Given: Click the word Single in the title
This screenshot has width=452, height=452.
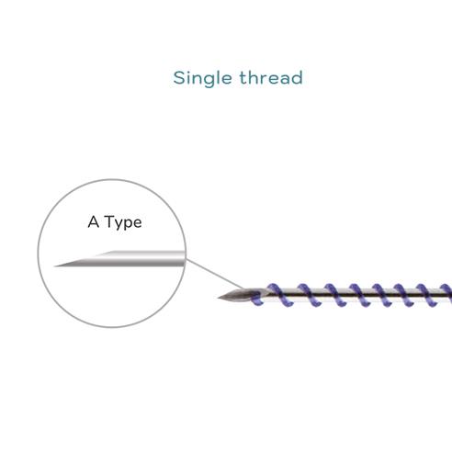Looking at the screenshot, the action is coord(202,78).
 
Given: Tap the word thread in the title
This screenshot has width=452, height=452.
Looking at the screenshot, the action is coord(271,77).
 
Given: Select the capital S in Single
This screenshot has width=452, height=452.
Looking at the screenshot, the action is coord(179,78).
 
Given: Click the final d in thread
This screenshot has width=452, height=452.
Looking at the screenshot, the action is coord(298,77).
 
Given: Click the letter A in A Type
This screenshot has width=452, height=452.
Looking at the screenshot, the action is coord(94,221).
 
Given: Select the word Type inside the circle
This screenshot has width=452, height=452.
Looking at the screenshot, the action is coord(123,222).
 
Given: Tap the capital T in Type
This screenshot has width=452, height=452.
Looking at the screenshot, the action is coord(109,221).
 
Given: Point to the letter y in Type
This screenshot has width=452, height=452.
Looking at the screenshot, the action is coord(119,224).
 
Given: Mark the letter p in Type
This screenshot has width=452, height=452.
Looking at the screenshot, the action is coord(128,224).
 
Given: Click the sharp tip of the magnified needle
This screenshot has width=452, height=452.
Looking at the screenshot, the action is coord(54,266).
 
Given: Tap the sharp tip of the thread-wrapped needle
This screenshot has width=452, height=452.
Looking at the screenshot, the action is coord(218,298).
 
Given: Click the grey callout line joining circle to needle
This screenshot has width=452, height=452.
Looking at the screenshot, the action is coord(216,274).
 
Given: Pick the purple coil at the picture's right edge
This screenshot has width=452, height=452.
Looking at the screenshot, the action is coord(446,293).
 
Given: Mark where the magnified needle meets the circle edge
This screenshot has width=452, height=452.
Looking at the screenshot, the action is coord(185,258).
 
